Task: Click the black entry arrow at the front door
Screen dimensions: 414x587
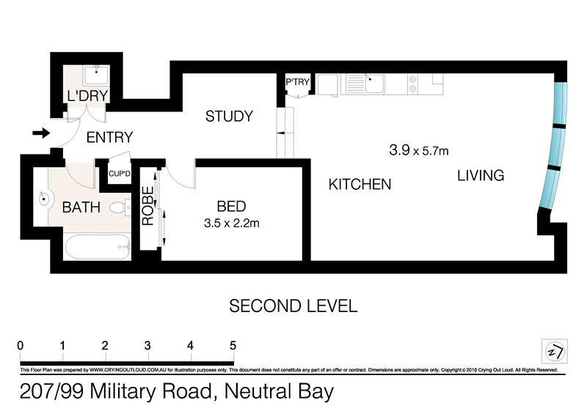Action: (41, 133)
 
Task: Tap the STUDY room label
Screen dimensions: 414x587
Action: (229, 116)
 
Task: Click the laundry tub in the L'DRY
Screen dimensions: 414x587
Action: (95, 75)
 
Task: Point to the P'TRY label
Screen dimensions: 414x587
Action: (297, 82)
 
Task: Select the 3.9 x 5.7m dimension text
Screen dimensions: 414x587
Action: (418, 151)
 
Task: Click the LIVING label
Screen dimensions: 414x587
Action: (481, 176)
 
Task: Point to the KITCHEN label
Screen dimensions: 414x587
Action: (360, 184)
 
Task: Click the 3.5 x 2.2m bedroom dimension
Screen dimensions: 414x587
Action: (232, 223)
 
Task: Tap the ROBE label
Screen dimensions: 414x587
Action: (148, 206)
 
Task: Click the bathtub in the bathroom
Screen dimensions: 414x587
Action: (96, 248)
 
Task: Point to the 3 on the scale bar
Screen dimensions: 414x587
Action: (148, 345)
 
